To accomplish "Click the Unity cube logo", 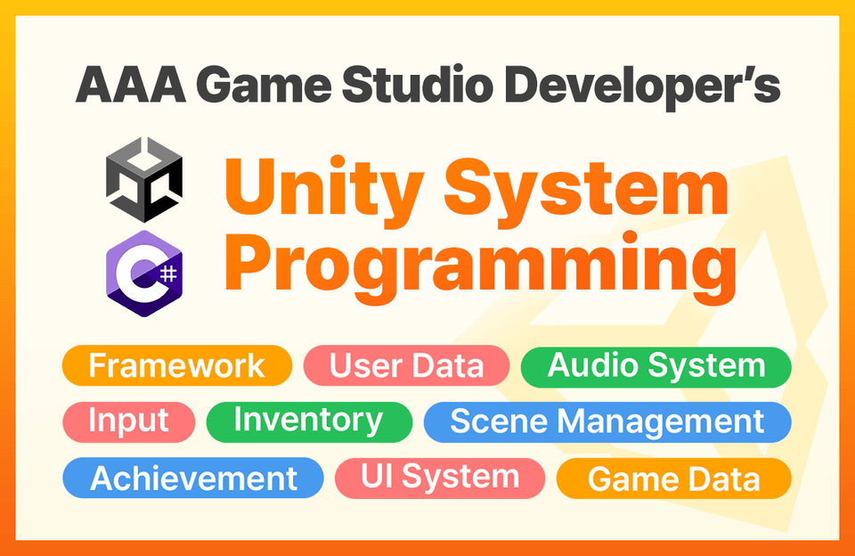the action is (144, 179).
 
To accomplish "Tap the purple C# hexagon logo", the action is (144, 274).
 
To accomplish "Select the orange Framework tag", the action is (177, 365).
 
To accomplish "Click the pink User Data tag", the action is (406, 365).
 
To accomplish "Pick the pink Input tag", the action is (128, 421).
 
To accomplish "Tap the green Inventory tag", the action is (309, 421).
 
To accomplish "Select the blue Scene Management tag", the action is (607, 421).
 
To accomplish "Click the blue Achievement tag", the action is (193, 478).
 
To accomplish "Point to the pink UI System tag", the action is (440, 478).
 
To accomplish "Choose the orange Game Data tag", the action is (674, 478).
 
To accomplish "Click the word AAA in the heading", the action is (131, 86).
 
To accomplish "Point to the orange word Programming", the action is (480, 268).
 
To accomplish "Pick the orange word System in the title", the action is (586, 191).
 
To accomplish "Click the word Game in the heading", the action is (264, 86).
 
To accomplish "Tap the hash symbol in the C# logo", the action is (169, 273).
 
